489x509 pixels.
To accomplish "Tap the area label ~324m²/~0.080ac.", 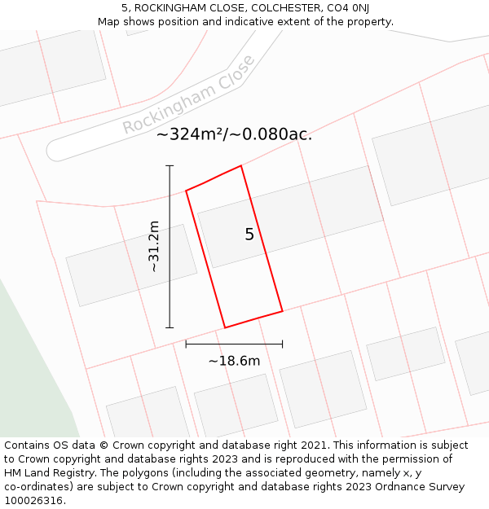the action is pyautogui.click(x=234, y=134).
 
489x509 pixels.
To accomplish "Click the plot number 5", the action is pyautogui.click(x=249, y=235).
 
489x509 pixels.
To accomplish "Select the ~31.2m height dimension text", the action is pyautogui.click(x=153, y=246).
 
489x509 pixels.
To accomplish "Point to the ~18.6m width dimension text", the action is pyautogui.click(x=234, y=361).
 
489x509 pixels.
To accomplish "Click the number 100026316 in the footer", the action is pyautogui.click(x=33, y=501).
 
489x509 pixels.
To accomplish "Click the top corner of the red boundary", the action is pyautogui.click(x=241, y=166).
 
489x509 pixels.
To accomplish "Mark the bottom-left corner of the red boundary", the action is pyautogui.click(x=224, y=327).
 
